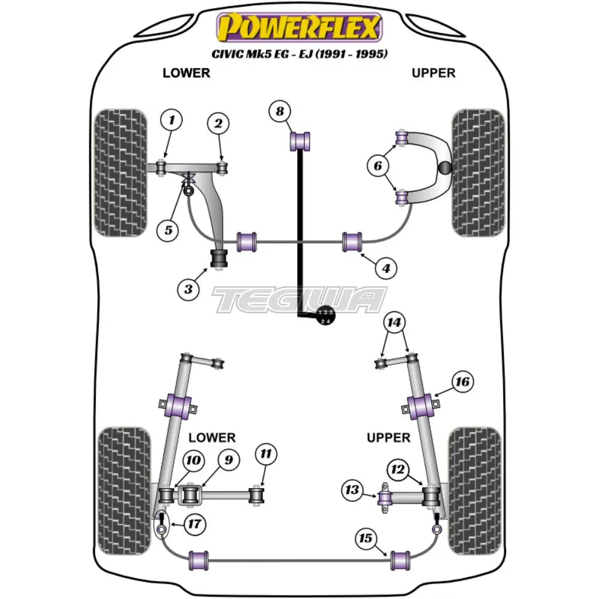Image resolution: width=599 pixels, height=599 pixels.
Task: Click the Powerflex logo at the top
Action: point(299,28)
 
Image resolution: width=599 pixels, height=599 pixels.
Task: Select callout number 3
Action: point(188,290)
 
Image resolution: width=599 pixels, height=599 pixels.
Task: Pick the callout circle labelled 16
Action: point(462,381)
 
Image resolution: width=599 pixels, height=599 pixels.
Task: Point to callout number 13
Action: point(353,491)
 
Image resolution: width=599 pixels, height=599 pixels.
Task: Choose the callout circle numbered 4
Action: point(386,270)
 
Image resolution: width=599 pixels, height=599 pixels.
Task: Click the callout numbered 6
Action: point(378,166)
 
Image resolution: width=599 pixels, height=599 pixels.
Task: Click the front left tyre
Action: point(121,173)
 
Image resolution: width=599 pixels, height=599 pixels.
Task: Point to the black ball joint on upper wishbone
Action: point(445,169)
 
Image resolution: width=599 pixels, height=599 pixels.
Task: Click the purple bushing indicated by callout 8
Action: point(302,141)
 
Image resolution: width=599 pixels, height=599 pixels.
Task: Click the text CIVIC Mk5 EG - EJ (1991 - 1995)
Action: point(299,54)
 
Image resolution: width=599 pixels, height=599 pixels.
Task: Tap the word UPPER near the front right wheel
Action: point(434,73)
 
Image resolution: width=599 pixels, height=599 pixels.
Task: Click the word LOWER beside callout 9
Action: point(212,438)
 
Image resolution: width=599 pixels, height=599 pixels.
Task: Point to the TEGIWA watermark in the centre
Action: point(299,299)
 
